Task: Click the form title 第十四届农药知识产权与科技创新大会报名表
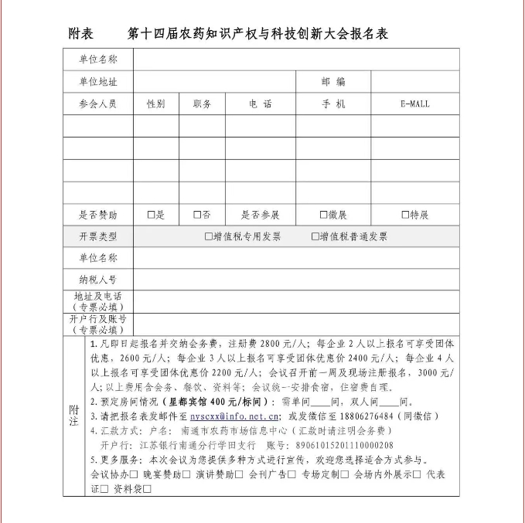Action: [x=257, y=34]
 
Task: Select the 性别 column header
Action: [x=155, y=104]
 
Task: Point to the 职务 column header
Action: [x=203, y=104]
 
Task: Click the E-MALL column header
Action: [x=414, y=104]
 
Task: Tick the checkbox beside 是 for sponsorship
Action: [x=152, y=215]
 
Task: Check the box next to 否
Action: [x=197, y=215]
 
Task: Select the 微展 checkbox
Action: [x=323, y=215]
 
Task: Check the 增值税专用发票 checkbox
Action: [x=208, y=236]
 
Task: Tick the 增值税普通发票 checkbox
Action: [x=315, y=236]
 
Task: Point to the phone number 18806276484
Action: [x=363, y=416]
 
